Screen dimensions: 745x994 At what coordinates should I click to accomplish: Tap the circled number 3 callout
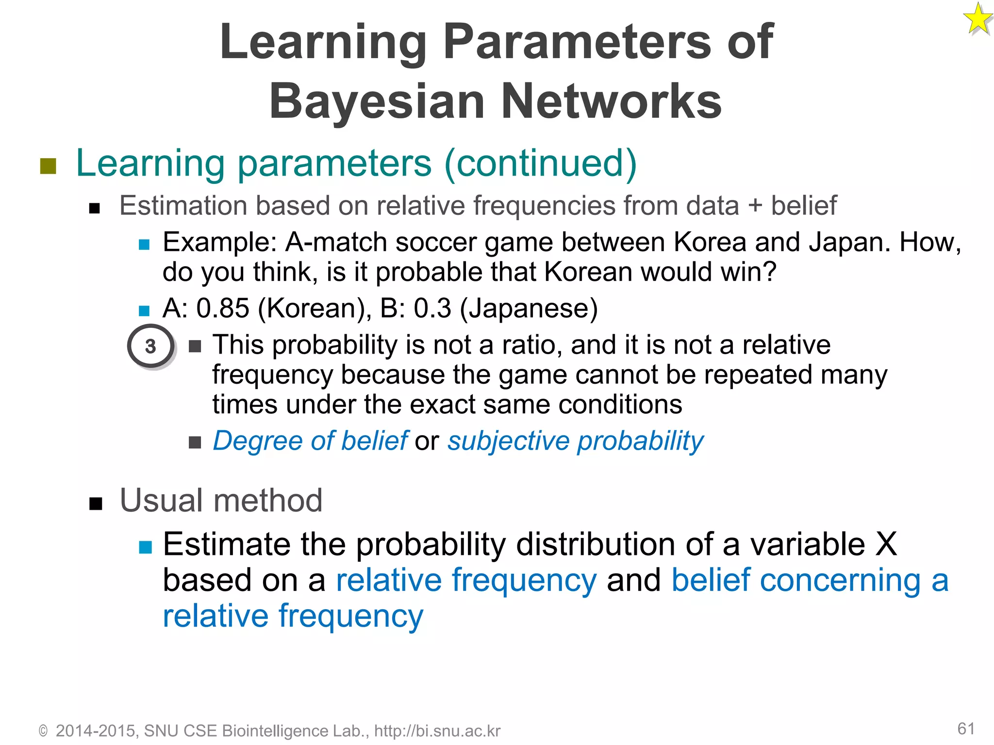(x=150, y=346)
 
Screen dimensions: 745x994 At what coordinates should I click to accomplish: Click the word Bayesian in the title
(x=377, y=101)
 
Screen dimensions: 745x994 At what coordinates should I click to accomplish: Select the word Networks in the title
(x=611, y=101)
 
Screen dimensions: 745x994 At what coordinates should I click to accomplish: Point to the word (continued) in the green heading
(x=540, y=163)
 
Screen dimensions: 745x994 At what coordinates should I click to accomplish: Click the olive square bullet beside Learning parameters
(x=48, y=166)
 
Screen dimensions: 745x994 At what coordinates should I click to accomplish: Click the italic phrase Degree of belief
(x=310, y=441)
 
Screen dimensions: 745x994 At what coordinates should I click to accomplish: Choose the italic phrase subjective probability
(x=575, y=441)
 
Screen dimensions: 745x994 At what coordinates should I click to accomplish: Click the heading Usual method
(x=221, y=501)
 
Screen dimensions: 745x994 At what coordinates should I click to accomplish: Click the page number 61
(x=966, y=729)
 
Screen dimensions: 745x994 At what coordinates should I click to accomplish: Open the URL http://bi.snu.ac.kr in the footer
(x=437, y=731)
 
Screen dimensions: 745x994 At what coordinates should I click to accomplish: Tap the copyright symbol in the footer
(x=43, y=731)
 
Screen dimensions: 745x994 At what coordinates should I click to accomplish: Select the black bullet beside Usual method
(x=96, y=504)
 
